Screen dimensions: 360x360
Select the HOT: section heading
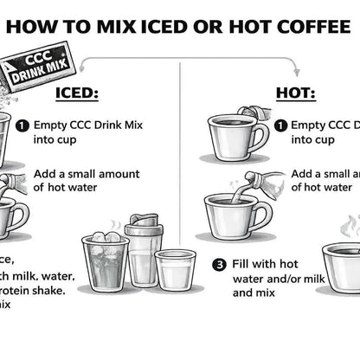297,93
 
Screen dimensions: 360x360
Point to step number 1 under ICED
22,125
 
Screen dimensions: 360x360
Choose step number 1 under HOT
280,125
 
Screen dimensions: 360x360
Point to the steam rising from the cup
350,227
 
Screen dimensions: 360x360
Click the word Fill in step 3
245,264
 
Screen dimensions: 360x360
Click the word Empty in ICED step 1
51,124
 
